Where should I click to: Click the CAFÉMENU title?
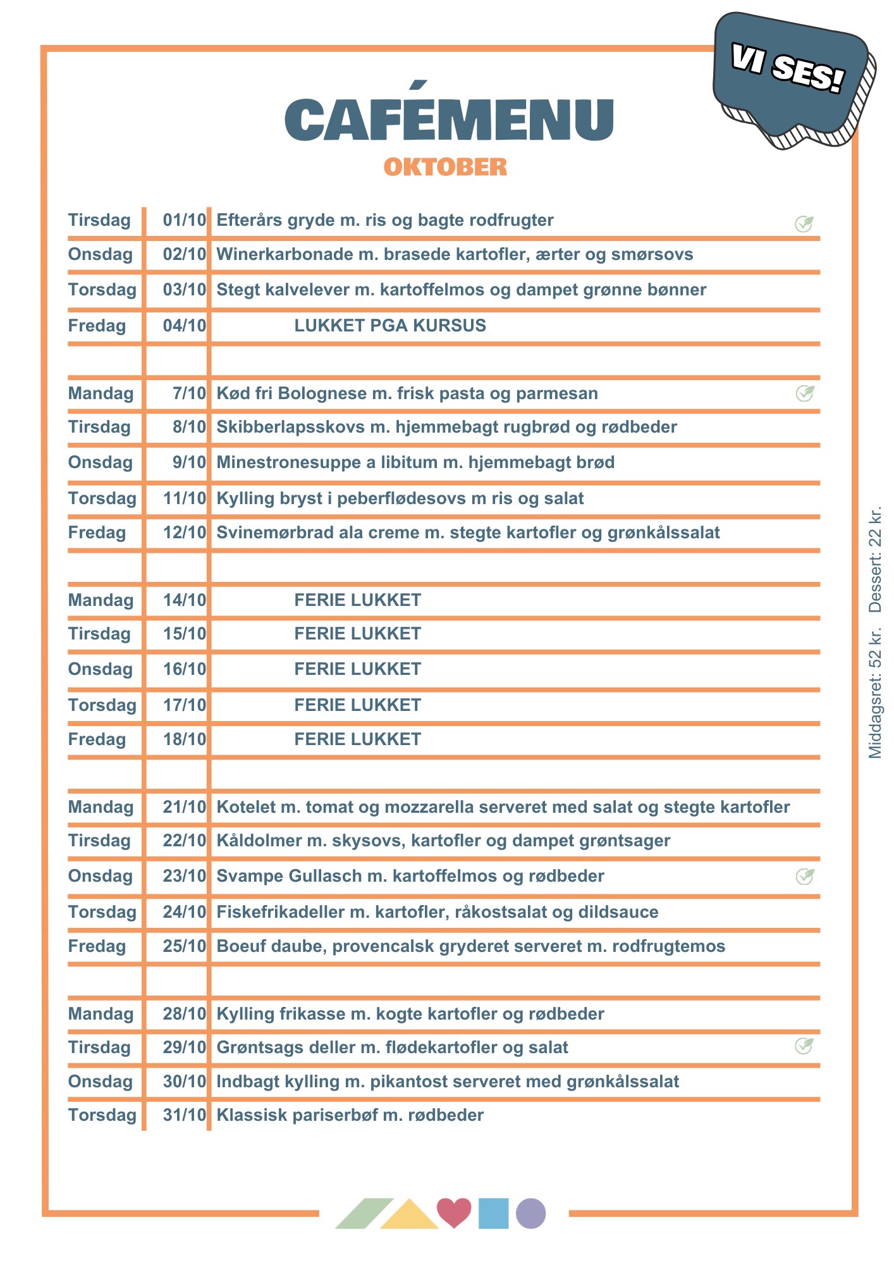(449, 120)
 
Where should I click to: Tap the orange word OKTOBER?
(445, 167)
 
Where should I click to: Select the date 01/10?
(184, 220)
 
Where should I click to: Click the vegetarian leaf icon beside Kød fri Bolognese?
(804, 393)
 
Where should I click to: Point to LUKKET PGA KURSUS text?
(390, 326)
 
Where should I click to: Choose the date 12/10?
(184, 533)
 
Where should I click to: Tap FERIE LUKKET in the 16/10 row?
(357, 669)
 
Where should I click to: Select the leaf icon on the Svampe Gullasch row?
(804, 876)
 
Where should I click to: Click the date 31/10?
(184, 1115)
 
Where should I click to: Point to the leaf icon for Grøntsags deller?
(804, 1046)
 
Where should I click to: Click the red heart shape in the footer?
(454, 1211)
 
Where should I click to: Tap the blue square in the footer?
(493, 1213)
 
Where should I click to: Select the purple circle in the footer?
(530, 1213)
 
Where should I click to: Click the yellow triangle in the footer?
(409, 1216)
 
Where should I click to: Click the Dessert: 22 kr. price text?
(875, 560)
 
